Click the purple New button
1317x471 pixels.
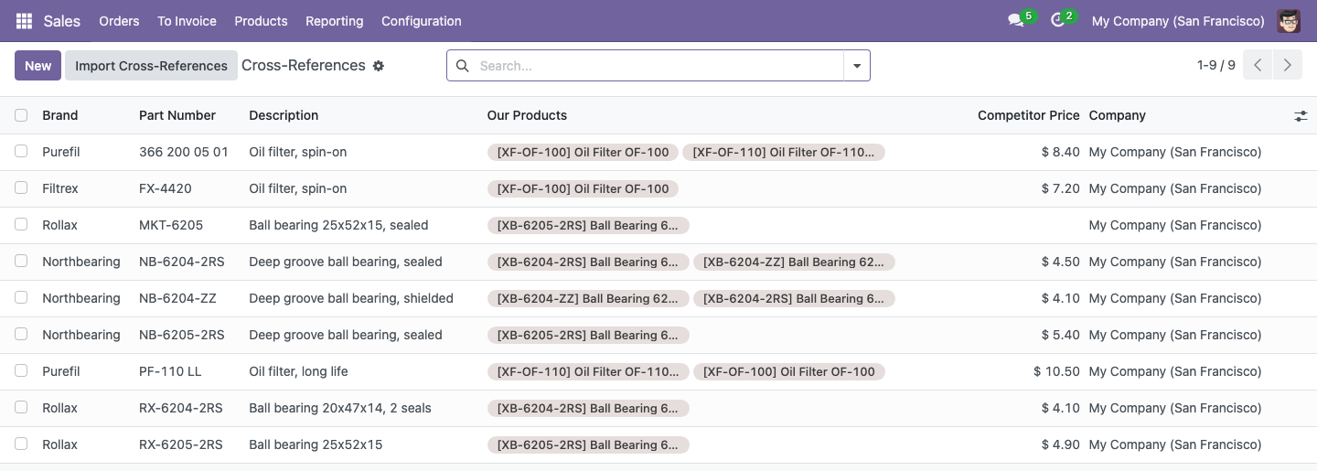tap(37, 65)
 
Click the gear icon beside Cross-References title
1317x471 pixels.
tap(379, 66)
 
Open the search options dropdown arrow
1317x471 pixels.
tap(857, 66)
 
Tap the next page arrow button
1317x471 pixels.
tap(1287, 65)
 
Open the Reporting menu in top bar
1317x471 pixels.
tap(334, 21)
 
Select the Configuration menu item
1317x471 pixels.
tap(421, 21)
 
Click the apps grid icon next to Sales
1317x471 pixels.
tap(24, 21)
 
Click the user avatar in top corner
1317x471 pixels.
tap(1288, 21)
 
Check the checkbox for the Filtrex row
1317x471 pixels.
tap(21, 187)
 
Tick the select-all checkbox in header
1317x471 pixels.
tap(21, 115)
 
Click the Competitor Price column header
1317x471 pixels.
tap(1028, 115)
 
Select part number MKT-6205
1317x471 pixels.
tap(170, 225)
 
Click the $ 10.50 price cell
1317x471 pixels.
tap(1056, 371)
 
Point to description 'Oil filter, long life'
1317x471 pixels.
tap(298, 371)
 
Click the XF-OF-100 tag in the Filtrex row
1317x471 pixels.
tap(583, 188)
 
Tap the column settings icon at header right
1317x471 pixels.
tap(1301, 116)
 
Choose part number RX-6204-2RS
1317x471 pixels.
tap(180, 408)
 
